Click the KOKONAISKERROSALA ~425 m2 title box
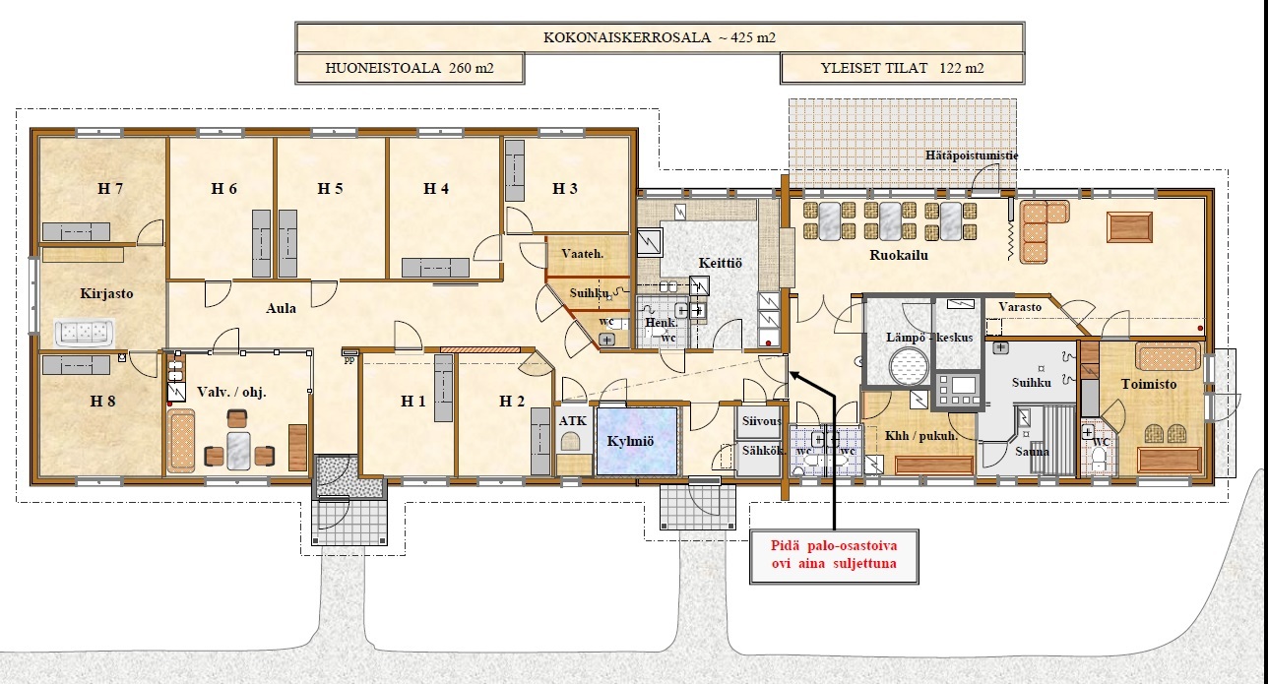pyautogui.click(x=660, y=37)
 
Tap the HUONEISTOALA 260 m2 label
pyautogui.click(x=410, y=69)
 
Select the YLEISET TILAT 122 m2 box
pyautogui.click(x=903, y=69)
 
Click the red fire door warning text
pyautogui.click(x=834, y=554)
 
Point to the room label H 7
pyautogui.click(x=110, y=188)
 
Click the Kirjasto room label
pyautogui.click(x=106, y=293)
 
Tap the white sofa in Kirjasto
pyautogui.click(x=85, y=333)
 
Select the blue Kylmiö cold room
pyautogui.click(x=637, y=441)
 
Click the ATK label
pyautogui.click(x=573, y=421)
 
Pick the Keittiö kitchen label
pyautogui.click(x=720, y=263)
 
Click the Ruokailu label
pyautogui.click(x=899, y=255)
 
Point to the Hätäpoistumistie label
pyautogui.click(x=972, y=155)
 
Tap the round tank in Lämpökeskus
pyautogui.click(x=910, y=367)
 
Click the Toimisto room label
pyautogui.click(x=1149, y=384)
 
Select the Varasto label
pyautogui.click(x=1020, y=307)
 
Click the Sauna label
pyautogui.click(x=1032, y=452)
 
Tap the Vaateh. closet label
pyautogui.click(x=583, y=254)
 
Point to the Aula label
pyautogui.click(x=282, y=308)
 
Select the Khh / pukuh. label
pyautogui.click(x=921, y=436)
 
